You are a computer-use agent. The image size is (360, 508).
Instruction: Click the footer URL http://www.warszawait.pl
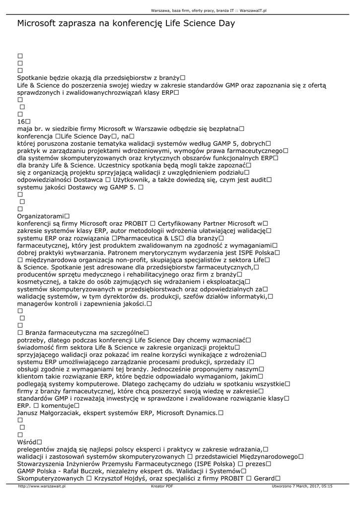[x=42, y=487]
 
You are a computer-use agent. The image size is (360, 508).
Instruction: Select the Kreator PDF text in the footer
[x=162, y=487]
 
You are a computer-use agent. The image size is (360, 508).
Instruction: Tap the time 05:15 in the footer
[x=326, y=487]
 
